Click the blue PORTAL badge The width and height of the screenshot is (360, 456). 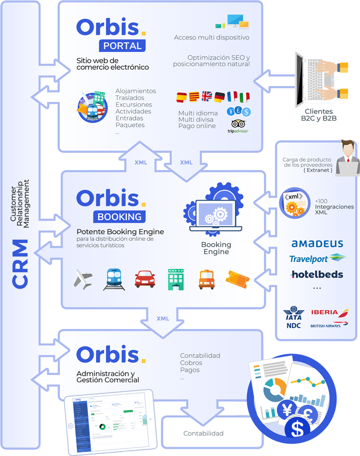[x=122, y=46]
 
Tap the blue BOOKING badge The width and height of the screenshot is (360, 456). [x=120, y=217]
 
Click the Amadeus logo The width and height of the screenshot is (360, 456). [x=317, y=244]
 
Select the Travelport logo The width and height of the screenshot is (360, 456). [x=317, y=259]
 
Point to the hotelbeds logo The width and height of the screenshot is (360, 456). [x=317, y=274]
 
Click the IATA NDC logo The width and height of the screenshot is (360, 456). [x=294, y=318]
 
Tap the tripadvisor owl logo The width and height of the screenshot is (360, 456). [x=238, y=125]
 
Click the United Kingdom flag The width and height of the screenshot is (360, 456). [x=207, y=97]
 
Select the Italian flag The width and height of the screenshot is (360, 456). [x=245, y=97]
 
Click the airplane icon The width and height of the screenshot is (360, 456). [x=84, y=279]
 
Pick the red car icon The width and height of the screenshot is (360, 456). [x=145, y=279]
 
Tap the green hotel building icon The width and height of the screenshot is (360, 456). [x=176, y=279]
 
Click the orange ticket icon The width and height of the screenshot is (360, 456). [x=237, y=279]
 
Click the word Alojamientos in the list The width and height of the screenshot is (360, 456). [x=136, y=91]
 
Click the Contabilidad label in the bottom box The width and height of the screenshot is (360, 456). [x=204, y=433]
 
